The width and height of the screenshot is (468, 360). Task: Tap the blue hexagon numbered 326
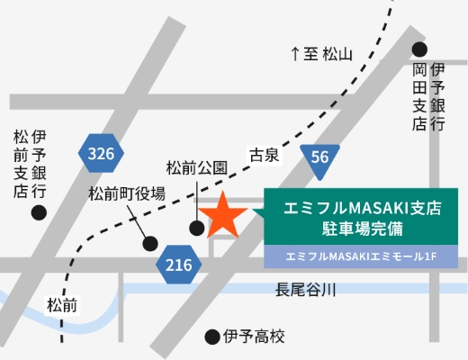pyautogui.click(x=102, y=154)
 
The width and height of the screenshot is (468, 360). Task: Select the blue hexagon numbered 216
pyautogui.click(x=179, y=265)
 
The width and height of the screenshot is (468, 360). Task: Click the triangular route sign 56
pyautogui.click(x=320, y=158)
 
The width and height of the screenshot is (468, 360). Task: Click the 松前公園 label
pyautogui.click(x=197, y=166)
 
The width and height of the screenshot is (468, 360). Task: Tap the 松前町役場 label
pyautogui.click(x=126, y=193)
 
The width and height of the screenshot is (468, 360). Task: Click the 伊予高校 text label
pyautogui.click(x=255, y=337)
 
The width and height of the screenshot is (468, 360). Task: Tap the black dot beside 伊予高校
pyautogui.click(x=212, y=337)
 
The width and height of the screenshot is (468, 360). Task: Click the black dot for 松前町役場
pyautogui.click(x=150, y=243)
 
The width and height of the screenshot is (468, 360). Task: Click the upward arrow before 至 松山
pyautogui.click(x=294, y=54)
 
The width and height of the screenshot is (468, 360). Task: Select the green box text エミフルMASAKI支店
pyautogui.click(x=362, y=208)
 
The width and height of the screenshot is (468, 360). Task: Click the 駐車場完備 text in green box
pyautogui.click(x=361, y=229)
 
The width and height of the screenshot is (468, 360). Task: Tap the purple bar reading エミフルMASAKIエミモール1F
pyautogui.click(x=362, y=258)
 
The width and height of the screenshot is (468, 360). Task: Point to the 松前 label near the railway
pyautogui.click(x=64, y=305)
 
